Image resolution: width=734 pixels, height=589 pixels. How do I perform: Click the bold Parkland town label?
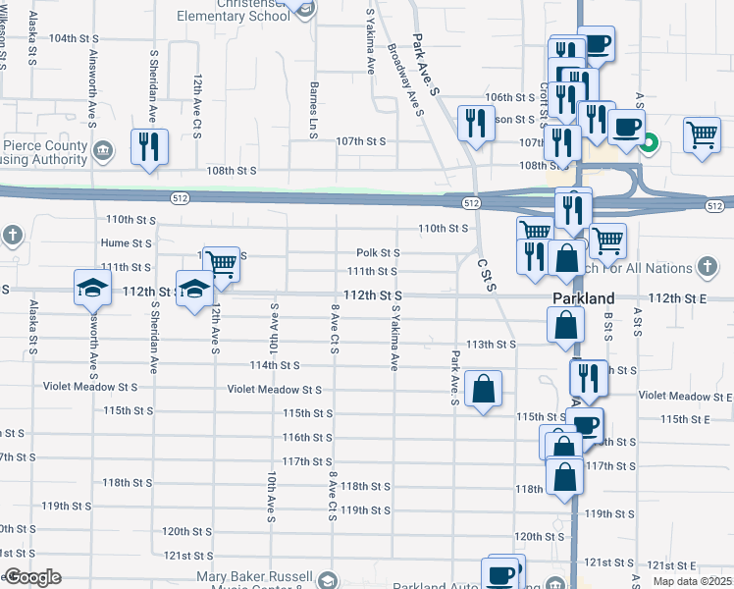click(x=584, y=297)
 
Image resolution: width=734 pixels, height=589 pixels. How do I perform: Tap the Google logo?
click(x=31, y=577)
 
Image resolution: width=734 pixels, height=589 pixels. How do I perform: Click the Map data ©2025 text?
click(x=693, y=581)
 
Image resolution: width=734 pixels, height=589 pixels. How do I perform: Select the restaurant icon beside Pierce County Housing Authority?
click(x=149, y=148)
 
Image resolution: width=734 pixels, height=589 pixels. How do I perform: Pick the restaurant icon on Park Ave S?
click(x=476, y=124)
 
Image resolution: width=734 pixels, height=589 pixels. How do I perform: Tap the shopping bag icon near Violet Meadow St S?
click(x=484, y=390)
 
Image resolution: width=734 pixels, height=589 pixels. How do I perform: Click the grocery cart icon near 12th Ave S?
click(x=222, y=264)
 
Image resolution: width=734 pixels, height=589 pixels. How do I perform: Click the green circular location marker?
click(x=648, y=147)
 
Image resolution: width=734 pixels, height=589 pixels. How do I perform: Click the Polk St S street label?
click(x=377, y=253)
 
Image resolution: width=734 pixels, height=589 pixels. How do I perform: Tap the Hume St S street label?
click(x=126, y=242)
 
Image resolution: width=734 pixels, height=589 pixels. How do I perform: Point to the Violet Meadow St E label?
click(x=685, y=396)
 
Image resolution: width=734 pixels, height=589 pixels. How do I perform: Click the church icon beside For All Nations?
click(x=707, y=267)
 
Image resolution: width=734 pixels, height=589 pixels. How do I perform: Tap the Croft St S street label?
click(x=543, y=99)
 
